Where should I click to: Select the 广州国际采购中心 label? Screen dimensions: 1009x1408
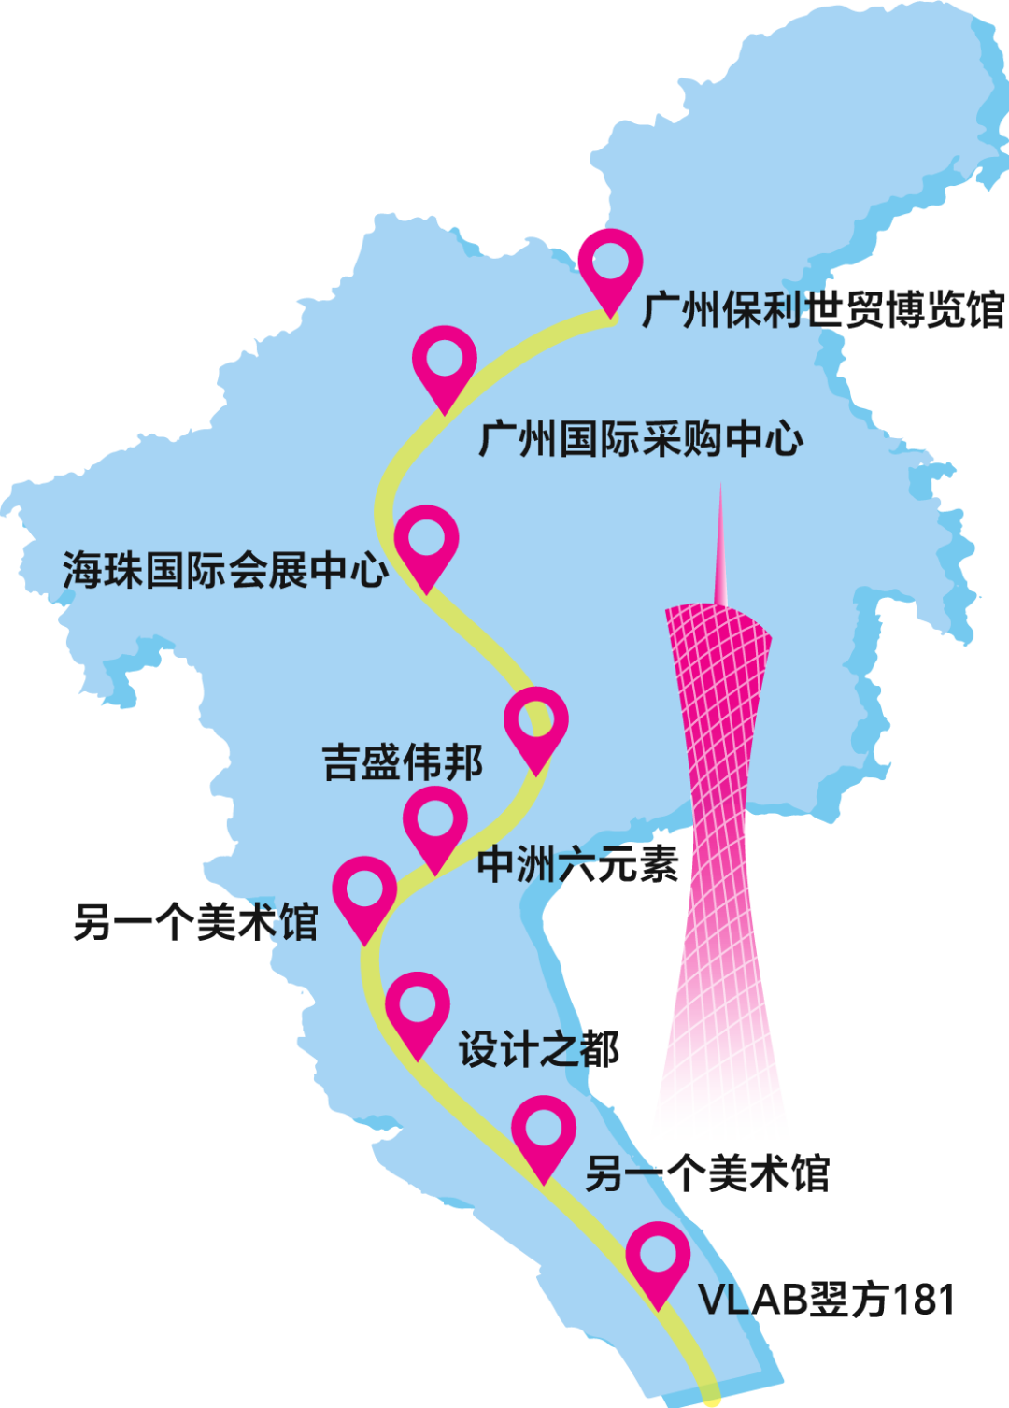tap(641, 439)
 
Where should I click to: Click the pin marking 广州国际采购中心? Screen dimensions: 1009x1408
tap(445, 360)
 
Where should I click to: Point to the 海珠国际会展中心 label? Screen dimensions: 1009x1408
tap(225, 570)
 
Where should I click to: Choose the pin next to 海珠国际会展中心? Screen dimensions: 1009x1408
tap(426, 540)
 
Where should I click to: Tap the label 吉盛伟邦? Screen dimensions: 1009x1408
tap(403, 762)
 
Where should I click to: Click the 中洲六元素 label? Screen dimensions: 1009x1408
tap(577, 865)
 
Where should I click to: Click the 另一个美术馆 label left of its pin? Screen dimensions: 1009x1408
tap(196, 923)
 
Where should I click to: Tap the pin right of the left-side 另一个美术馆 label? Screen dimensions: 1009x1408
tap(365, 891)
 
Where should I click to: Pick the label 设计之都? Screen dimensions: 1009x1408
tap(538, 1050)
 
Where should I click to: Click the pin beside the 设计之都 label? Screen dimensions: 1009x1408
tap(418, 1007)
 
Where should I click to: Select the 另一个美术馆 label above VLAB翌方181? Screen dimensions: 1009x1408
tap(707, 1173)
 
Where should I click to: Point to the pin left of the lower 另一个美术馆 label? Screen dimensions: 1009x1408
tap(544, 1131)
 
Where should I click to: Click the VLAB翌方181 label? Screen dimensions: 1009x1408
tap(827, 1300)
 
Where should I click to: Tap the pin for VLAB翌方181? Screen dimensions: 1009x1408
tap(659, 1257)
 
